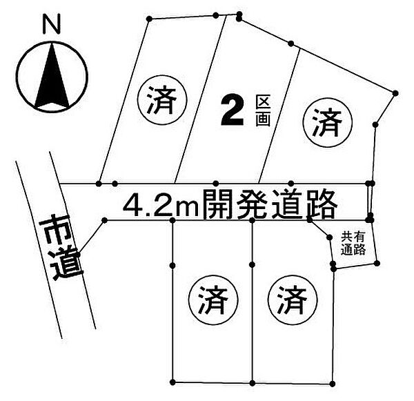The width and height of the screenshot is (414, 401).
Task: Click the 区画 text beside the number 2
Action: click(263, 110)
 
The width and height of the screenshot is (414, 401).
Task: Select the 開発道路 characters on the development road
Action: click(275, 204)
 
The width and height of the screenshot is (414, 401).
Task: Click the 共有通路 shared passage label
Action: click(353, 244)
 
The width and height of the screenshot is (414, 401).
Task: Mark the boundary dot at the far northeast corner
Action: click(396, 94)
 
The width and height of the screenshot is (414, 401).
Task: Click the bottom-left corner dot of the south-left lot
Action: click(173, 382)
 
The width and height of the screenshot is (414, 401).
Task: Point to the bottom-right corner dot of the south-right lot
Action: click(333, 382)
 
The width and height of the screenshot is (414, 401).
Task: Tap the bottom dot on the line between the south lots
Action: click(253, 382)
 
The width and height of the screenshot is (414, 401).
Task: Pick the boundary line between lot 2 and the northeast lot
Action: click(279, 110)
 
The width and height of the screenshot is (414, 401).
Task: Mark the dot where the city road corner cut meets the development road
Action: click(104, 221)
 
